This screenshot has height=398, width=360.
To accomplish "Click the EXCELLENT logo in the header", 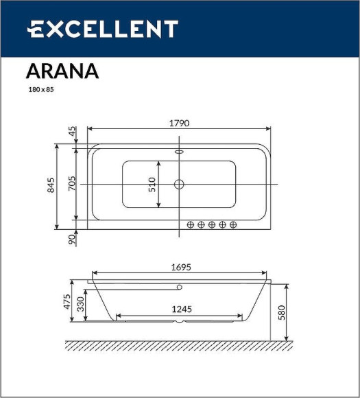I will click(102, 29).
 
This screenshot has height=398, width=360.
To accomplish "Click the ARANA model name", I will click(62, 71).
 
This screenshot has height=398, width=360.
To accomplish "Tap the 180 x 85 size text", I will click(40, 90).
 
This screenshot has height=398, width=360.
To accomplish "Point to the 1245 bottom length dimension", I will click(180, 309).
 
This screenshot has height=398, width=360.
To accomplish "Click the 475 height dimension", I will click(67, 302).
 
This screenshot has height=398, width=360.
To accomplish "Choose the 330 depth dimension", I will click(80, 305).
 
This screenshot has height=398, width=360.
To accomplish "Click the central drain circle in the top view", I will click(179, 184).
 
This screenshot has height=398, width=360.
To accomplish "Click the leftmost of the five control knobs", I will click(191, 224).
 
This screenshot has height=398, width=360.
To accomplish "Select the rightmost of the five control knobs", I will click(233, 224).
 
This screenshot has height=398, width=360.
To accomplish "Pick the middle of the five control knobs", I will click(212, 224).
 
